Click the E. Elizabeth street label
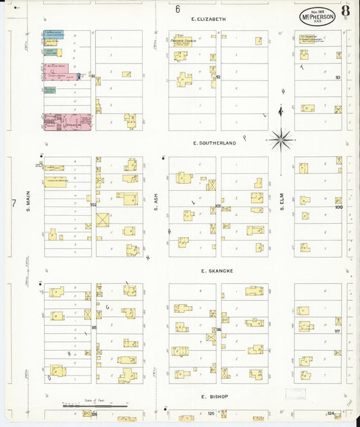click(208, 19)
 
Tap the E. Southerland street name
click(214, 143)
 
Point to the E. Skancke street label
click(217, 270)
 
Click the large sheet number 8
click(345, 11)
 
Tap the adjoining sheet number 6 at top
click(178, 9)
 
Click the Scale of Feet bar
click(93, 406)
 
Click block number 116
click(218, 329)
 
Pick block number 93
click(338, 78)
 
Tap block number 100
click(338, 207)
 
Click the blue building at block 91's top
click(53, 33)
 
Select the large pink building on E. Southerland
click(67, 122)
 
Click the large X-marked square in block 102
click(103, 220)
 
